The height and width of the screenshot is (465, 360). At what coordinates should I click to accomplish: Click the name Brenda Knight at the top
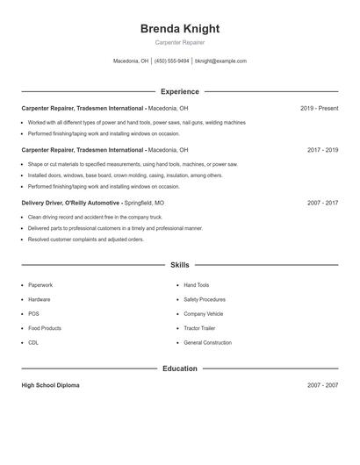(179, 28)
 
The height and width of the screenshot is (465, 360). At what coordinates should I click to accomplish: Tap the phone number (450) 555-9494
(172, 61)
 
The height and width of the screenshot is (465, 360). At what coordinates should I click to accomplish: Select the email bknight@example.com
(220, 61)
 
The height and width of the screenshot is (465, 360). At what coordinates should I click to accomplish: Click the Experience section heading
(179, 91)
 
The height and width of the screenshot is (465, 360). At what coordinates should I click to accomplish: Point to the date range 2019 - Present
(319, 108)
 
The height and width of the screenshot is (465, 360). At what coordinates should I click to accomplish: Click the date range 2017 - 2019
(322, 150)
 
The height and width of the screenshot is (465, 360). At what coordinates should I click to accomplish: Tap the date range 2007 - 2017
(322, 203)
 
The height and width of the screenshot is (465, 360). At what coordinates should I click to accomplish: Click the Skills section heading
(179, 264)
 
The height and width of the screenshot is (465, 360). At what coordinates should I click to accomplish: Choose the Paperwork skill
(40, 285)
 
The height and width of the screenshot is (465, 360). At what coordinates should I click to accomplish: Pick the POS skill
(33, 313)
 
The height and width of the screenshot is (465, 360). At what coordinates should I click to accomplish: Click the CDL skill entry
(33, 342)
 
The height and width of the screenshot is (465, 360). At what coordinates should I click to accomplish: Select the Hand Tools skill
(196, 285)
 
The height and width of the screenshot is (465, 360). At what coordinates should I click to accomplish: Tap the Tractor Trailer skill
(199, 328)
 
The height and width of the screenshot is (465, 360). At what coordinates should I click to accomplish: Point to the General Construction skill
(207, 342)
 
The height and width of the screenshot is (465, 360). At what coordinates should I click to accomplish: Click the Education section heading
(179, 368)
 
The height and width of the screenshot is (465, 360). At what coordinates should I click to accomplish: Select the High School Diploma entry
(50, 385)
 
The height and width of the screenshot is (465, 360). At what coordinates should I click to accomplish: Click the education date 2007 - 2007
(322, 385)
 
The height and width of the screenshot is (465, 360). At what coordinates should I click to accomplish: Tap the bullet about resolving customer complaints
(85, 239)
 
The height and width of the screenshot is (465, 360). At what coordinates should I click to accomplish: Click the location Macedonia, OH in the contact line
(131, 61)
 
